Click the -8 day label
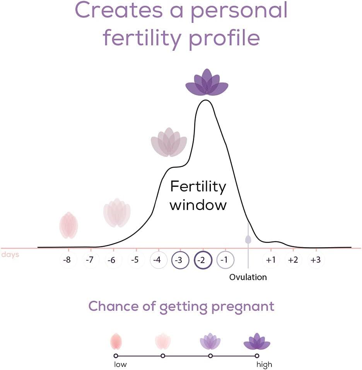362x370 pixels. [67, 260]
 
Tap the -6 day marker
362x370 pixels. [112, 260]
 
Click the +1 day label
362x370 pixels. [270, 260]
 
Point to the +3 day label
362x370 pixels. [316, 260]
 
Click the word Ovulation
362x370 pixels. [248, 277]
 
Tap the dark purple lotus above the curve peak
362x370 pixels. [207, 83]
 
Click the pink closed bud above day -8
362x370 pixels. [69, 225]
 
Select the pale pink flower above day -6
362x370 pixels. [117, 213]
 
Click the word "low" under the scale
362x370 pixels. [120, 365]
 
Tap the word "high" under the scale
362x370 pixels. [264, 365]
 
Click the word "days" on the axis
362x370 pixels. [10, 255]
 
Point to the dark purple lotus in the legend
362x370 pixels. [257, 341]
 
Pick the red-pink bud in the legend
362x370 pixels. [116, 341]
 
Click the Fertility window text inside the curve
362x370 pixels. [198, 195]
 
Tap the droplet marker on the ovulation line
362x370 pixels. [248, 239]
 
